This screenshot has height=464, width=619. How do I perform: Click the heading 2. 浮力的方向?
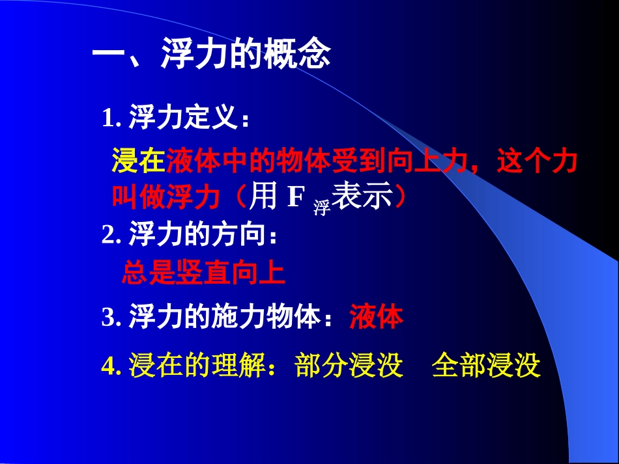(x=189, y=235)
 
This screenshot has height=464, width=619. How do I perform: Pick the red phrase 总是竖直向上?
(x=203, y=274)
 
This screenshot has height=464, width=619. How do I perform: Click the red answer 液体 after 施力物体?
(x=377, y=318)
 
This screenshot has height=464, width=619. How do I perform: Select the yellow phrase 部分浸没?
(x=349, y=366)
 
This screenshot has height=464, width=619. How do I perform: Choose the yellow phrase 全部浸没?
(x=486, y=366)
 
